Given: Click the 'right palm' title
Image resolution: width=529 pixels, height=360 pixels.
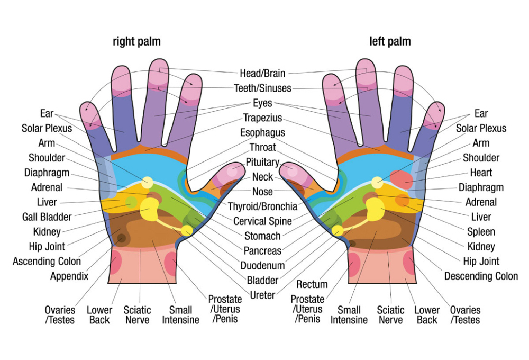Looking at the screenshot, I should coord(136,41).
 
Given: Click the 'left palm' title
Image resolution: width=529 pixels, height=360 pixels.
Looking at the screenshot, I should coord(390,41).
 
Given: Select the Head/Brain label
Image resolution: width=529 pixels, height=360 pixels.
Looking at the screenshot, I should coord(262,73).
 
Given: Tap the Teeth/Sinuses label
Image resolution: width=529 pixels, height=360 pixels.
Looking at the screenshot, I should coord(262,88).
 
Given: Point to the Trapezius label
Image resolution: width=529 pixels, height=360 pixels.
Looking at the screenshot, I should coord(262,118).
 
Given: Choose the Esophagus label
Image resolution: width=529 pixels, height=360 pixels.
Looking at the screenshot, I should coord(262,132).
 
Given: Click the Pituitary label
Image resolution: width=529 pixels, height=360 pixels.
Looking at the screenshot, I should coord(262,162).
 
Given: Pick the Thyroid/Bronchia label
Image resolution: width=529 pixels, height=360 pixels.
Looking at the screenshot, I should coord(262,206).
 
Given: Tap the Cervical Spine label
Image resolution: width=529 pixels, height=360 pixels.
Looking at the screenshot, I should coord(262,221).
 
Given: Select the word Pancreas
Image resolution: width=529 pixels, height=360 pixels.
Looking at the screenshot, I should coord(262,251).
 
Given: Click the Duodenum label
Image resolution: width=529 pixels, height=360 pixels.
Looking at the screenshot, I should coord(262,266).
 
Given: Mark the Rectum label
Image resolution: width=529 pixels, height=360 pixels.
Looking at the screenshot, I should coord(312,284).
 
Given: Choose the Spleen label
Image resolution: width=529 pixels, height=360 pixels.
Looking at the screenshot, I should coord(481,232).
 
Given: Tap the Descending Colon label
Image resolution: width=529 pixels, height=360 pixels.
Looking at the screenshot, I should coord(481,276).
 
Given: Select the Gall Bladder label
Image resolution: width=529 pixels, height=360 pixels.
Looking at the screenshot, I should coord(47,217).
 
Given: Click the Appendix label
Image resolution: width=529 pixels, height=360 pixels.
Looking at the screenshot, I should coord(69,276).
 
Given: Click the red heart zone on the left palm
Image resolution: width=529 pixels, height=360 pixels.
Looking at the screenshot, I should coord(402,179).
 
